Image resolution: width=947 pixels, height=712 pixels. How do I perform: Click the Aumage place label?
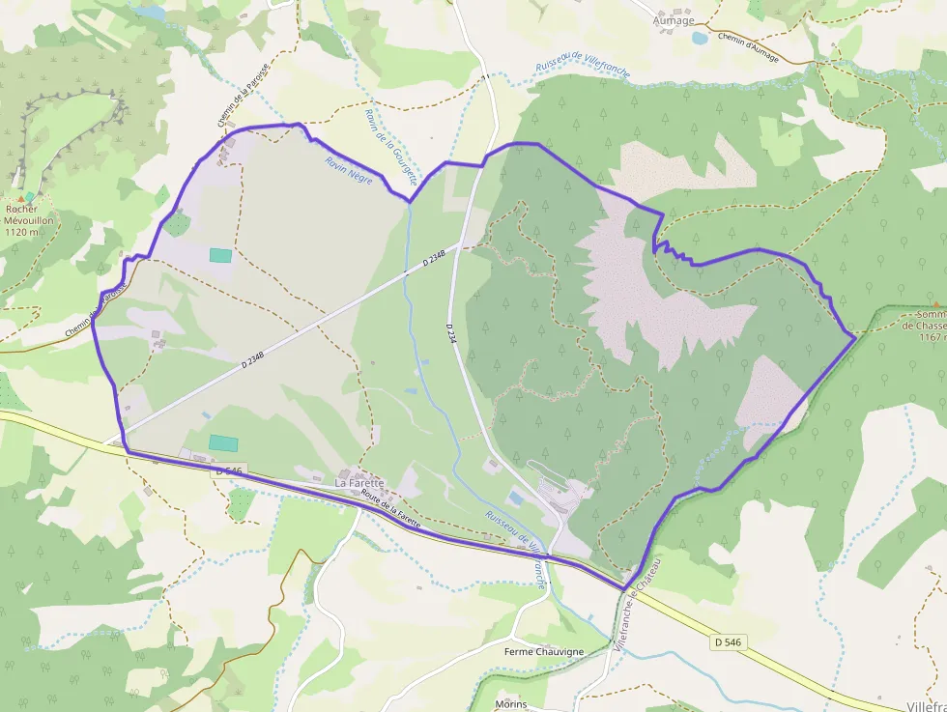[674, 20]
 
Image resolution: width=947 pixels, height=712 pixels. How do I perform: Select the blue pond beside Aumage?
[700, 39]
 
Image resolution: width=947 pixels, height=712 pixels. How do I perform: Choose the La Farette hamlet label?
[359, 482]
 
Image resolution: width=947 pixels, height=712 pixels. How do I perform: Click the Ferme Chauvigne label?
[544, 652]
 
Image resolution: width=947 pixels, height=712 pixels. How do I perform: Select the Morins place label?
[510, 703]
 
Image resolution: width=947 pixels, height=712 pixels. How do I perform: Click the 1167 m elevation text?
[931, 337]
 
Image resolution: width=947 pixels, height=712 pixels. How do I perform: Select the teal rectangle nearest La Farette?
[223, 442]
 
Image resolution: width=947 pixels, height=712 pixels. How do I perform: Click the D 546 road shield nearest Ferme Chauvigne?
[732, 641]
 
